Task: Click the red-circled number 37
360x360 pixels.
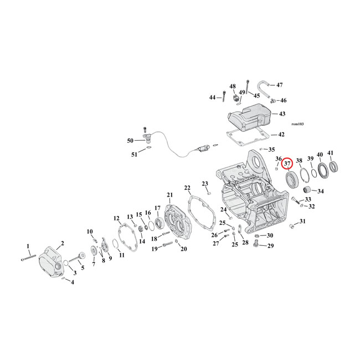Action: pyautogui.click(x=287, y=164)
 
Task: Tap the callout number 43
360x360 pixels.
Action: pyautogui.click(x=282, y=114)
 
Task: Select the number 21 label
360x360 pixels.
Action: pyautogui.click(x=169, y=194)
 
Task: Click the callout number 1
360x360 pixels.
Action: pyautogui.click(x=28, y=245)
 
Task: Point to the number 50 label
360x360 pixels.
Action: pyautogui.click(x=131, y=141)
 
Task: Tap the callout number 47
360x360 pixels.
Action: pyautogui.click(x=279, y=85)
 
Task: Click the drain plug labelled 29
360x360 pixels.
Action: pyautogui.click(x=256, y=242)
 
